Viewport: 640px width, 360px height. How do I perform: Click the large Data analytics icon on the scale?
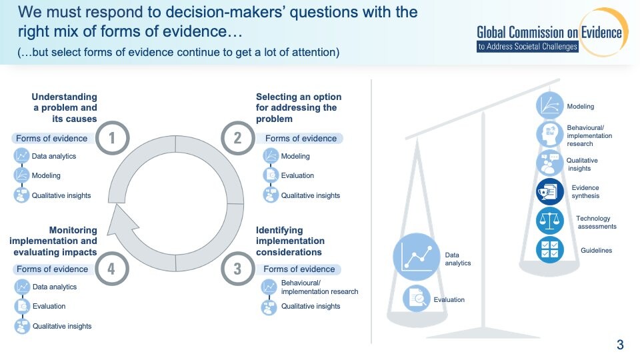pos(416,257)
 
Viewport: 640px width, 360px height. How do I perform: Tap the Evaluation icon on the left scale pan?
pos(416,299)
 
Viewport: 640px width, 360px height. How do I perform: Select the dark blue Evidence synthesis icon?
pos(550,192)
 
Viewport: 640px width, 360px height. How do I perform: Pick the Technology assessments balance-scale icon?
pos(550,221)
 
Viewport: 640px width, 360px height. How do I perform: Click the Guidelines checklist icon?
pos(550,249)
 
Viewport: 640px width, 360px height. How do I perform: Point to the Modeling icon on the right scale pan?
pos(550,105)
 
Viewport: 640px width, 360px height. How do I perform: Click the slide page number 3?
pos(620,345)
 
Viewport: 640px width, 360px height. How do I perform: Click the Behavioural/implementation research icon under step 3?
pos(269,287)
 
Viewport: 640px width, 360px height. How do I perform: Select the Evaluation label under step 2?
pos(297,175)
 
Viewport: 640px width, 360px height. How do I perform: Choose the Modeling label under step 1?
pos(46,175)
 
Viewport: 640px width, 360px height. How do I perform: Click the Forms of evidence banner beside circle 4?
pos(53,269)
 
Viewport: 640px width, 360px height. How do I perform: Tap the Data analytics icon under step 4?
pos(22,287)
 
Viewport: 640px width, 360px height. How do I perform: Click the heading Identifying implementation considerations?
pos(290,241)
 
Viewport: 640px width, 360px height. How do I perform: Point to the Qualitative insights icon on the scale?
pos(550,163)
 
